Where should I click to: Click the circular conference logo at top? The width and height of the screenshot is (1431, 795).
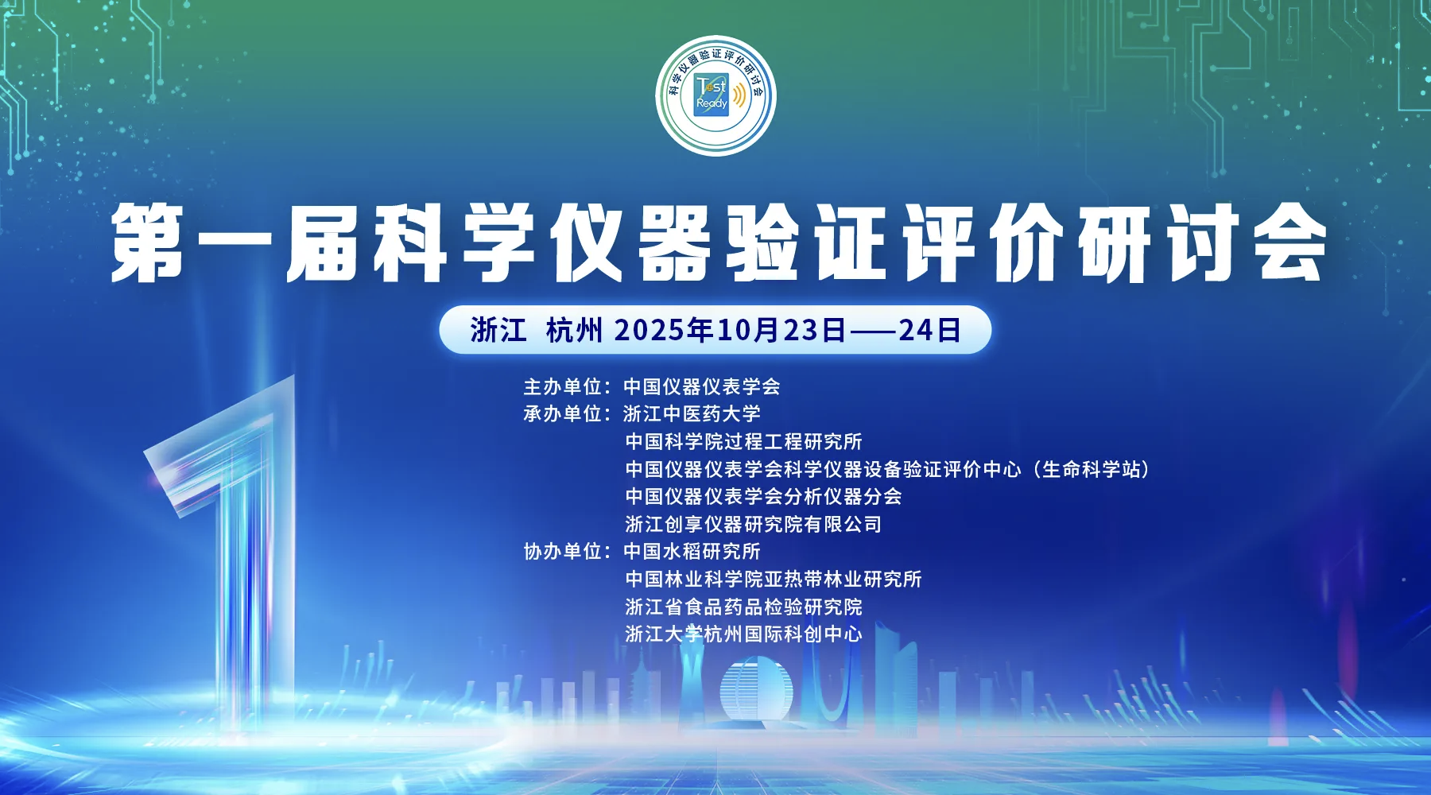point(715,95)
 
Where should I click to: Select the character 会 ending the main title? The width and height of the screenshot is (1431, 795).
point(1288,242)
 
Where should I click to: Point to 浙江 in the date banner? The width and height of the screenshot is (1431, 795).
point(498,330)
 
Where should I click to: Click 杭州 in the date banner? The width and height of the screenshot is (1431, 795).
point(574,330)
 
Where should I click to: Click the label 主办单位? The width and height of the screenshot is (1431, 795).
point(562,387)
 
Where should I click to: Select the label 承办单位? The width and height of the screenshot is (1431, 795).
point(562,414)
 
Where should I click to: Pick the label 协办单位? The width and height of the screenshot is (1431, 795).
point(562,552)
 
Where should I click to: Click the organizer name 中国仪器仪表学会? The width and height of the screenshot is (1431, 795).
point(702,387)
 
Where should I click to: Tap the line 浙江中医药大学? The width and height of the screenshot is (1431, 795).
point(692,414)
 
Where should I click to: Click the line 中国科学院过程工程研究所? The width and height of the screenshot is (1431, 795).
point(743,441)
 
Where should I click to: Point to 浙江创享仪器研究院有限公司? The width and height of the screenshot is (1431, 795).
point(753,524)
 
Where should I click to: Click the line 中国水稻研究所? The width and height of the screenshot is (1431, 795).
point(692,552)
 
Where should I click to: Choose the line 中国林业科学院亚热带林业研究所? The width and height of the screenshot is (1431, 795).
point(773,579)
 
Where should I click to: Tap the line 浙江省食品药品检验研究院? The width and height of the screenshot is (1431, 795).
point(743,607)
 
